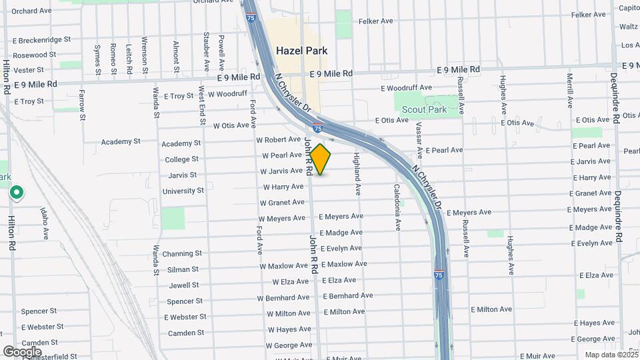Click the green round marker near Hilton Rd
coord(17,193)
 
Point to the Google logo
coord(22,351)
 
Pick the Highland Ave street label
coord(357,174)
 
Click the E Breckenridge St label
coord(41,40)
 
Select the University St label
coord(183,191)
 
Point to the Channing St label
coord(182,254)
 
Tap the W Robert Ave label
coord(278,140)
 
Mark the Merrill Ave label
coord(570,91)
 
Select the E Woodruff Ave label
coord(407,88)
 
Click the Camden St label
coord(186,333)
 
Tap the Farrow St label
coord(82,105)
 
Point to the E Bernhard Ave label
coord(348,296)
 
